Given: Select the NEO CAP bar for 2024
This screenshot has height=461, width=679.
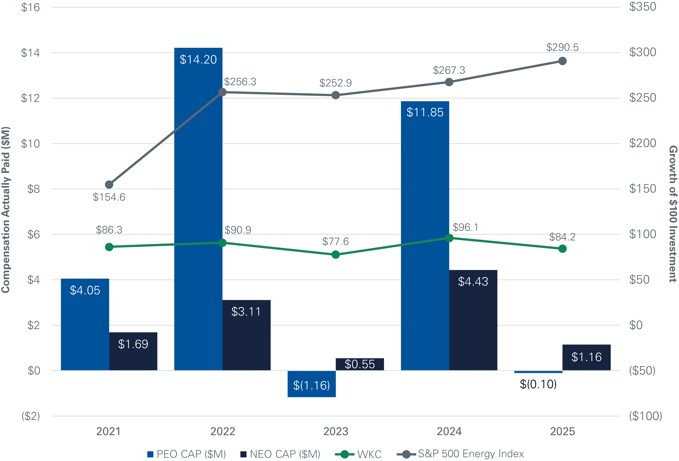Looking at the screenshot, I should (x=473, y=320).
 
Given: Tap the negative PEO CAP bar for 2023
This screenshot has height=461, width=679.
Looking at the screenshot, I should (x=311, y=384).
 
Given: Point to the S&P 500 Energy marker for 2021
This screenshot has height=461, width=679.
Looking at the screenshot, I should (x=109, y=185).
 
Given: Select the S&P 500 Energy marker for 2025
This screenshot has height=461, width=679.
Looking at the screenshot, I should (x=562, y=61).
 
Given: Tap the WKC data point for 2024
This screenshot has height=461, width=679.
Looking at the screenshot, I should (x=449, y=238).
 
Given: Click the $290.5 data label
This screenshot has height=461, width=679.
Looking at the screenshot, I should (x=562, y=47).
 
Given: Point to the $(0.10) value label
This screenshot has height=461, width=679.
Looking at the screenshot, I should (x=538, y=384).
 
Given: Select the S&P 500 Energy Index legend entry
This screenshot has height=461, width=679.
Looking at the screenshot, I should (x=460, y=454).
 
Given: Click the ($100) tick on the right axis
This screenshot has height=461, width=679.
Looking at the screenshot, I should (x=645, y=416).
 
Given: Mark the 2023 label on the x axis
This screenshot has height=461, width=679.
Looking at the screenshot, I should (x=336, y=432).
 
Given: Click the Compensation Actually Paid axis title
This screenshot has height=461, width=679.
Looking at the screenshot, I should (x=6, y=210).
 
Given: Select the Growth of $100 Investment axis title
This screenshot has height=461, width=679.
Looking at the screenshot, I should (x=673, y=214).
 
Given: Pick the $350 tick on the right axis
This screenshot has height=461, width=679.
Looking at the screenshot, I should (x=642, y=7).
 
